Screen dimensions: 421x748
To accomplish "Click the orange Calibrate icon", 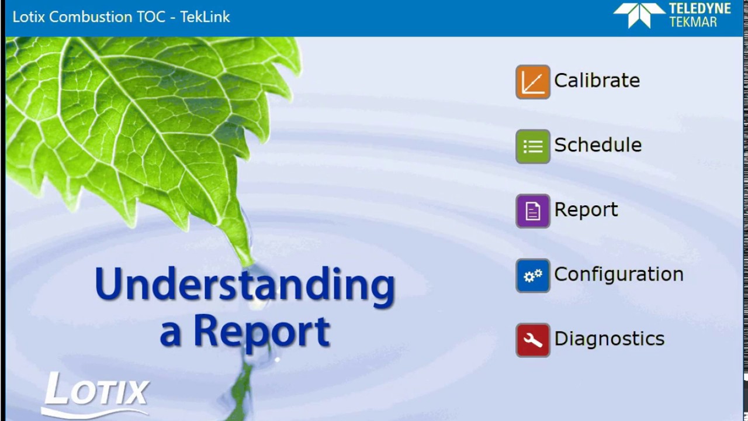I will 532,82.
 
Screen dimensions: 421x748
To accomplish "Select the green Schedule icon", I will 532,146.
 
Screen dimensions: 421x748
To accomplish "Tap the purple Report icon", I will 532,210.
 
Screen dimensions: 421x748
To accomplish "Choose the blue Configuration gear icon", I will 532,275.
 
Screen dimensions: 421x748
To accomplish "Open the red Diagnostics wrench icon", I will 532,340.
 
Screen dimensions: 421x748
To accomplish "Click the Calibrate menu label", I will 597,81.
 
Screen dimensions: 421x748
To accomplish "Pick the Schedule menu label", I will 598,145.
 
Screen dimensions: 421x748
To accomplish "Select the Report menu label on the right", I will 586,210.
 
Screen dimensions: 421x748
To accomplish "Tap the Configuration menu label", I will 618,274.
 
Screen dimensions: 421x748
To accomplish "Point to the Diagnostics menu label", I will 609,339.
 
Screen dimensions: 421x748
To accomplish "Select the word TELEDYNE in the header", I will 699,9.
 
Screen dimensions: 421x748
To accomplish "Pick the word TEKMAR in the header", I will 694,22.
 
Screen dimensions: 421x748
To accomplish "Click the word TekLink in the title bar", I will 205,17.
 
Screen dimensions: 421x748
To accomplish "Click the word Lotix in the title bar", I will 29,17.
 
